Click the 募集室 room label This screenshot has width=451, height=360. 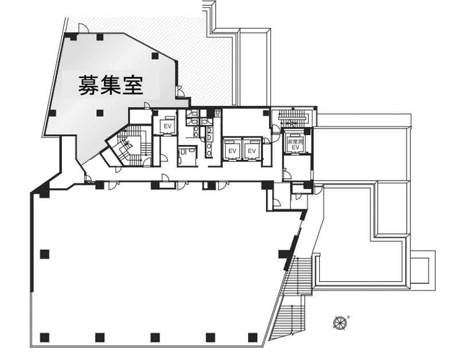(x=111, y=86)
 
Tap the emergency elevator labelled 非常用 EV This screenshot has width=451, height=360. (x=296, y=143)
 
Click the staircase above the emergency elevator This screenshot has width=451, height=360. (x=294, y=119)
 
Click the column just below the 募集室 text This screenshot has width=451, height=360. (x=100, y=112)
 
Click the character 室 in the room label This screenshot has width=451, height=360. (x=133, y=86)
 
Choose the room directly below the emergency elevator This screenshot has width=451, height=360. (x=297, y=167)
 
